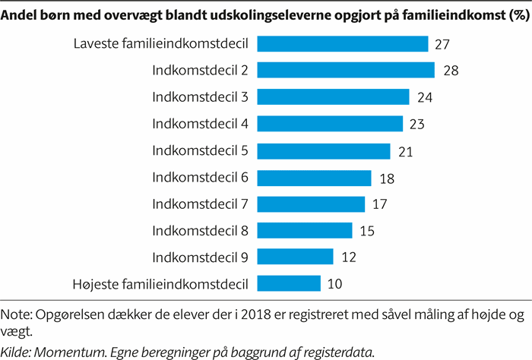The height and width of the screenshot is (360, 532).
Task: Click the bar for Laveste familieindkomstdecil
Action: pyautogui.click(x=343, y=44)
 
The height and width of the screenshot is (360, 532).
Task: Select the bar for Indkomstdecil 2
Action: pyautogui.click(x=346, y=71)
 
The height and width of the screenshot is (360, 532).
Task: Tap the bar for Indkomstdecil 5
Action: pyautogui.click(x=324, y=150)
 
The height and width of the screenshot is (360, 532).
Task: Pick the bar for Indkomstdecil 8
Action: pyautogui.click(x=305, y=230)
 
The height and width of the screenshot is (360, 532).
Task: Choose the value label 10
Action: pyautogui.click(x=334, y=284)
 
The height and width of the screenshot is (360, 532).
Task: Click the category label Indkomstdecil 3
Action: pyautogui.click(x=201, y=97)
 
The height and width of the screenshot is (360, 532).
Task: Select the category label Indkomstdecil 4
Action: pyautogui.click(x=201, y=124)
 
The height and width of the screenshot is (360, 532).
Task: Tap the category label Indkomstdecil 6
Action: pyautogui.click(x=201, y=177)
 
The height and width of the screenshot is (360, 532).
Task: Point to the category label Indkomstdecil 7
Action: pyautogui.click(x=201, y=204)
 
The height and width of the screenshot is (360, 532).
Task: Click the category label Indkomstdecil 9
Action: pyautogui.click(x=201, y=257)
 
